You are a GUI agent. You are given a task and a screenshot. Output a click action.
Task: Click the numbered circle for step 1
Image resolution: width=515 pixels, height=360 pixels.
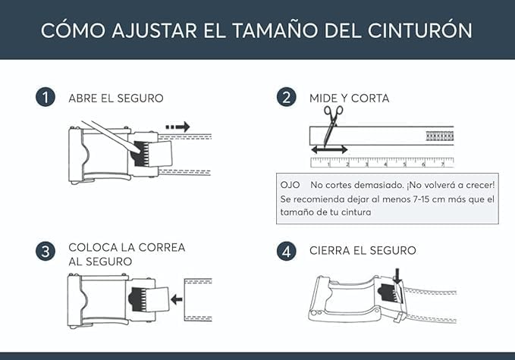click(46, 98)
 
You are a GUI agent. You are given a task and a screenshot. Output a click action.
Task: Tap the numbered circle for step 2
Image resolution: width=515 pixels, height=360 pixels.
click(286, 98)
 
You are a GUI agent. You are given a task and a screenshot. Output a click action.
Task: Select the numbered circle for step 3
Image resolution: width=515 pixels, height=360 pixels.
click(46, 251)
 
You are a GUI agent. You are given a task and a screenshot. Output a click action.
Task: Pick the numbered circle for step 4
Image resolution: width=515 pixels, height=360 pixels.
click(286, 251)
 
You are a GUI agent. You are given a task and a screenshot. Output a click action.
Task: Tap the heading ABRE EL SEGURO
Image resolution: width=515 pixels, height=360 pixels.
click(115, 99)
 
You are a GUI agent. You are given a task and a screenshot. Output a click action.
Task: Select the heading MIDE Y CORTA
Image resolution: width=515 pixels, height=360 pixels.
click(349, 99)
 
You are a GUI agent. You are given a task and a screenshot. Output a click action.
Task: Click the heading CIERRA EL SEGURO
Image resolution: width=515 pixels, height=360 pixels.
click(363, 251)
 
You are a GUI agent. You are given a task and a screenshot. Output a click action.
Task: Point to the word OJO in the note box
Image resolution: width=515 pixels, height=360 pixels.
click(290, 185)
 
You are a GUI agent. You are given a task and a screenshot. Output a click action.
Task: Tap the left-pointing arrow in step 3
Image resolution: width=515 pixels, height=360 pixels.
click(177, 299)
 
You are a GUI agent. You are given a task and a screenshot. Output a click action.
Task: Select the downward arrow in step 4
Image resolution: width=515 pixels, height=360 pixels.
click(396, 277)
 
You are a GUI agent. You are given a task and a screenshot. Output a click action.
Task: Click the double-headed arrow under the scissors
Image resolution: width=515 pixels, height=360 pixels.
click(328, 150)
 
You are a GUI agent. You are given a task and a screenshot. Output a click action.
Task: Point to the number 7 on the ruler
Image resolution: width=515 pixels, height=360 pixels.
click(443, 164)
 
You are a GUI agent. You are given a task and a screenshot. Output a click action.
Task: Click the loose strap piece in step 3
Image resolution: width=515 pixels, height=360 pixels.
click(197, 299)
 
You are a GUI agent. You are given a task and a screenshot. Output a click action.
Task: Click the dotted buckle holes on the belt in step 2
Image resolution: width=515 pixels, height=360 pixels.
click(440, 137)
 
